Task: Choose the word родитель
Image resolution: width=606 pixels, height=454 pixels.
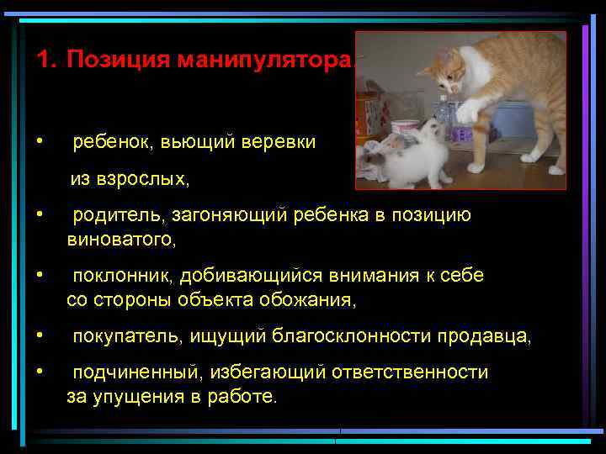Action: pyautogui.click(x=119, y=215)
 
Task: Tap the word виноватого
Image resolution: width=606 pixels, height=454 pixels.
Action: pyautogui.click(x=120, y=240)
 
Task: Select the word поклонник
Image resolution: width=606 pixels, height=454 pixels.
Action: pyautogui.click(x=122, y=276)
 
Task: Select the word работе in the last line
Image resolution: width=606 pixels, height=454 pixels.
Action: pyautogui.click(x=246, y=397)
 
